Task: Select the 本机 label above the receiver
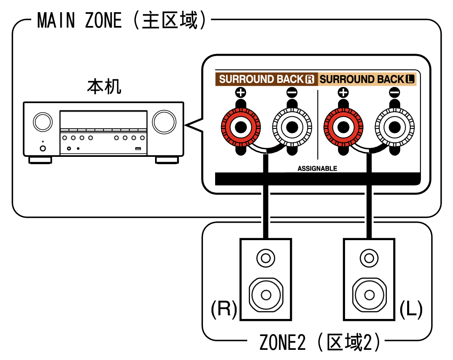pyautogui.click(x=104, y=87)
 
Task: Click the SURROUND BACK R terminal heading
pyautogui.click(x=267, y=79)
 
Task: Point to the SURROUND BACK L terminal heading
pyautogui.click(x=367, y=79)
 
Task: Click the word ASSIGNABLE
pyautogui.click(x=317, y=168)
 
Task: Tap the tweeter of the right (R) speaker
pyautogui.click(x=265, y=258)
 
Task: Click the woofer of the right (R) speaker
pyautogui.click(x=265, y=294)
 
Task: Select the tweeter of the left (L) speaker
pyautogui.click(x=369, y=258)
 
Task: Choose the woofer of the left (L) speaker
pyautogui.click(x=369, y=294)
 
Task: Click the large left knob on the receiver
pyautogui.click(x=43, y=121)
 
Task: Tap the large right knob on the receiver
pyautogui.click(x=164, y=121)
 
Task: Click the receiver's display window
pyautogui.click(x=104, y=120)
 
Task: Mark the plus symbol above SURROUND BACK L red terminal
pyautogui.click(x=343, y=92)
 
